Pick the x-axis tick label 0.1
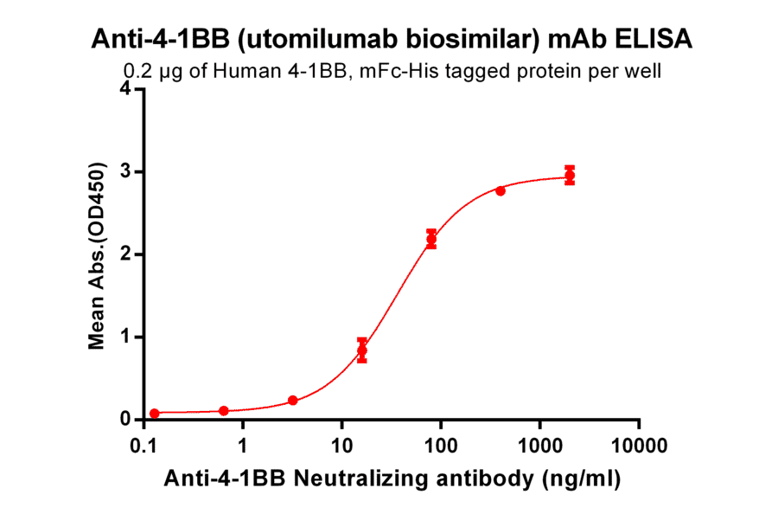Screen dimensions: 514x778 [143, 447]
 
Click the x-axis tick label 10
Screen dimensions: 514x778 [341, 447]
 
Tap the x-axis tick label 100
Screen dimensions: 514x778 [441, 447]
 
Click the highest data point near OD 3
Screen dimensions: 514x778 [569, 176]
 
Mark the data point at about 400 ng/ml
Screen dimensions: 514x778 [501, 190]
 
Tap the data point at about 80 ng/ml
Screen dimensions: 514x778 [431, 239]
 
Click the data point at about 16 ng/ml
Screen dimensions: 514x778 [362, 350]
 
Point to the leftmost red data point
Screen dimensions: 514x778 [155, 414]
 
